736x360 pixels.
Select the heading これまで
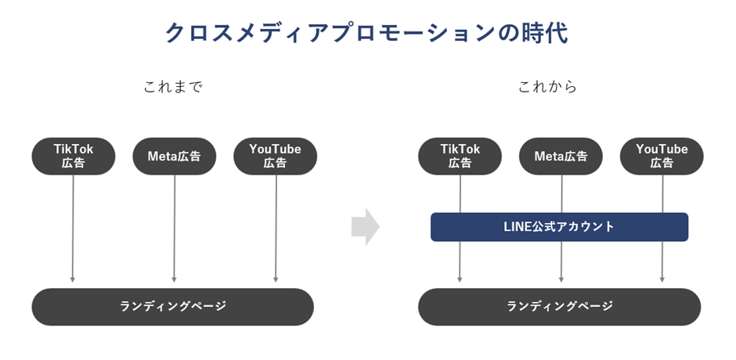(x=173, y=87)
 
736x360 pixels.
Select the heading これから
(x=548, y=87)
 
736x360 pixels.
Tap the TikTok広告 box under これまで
(x=73, y=156)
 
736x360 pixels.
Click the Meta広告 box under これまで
(x=174, y=156)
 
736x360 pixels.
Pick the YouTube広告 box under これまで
(x=275, y=156)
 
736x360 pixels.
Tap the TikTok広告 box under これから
(x=460, y=156)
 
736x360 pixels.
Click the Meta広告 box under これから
(x=561, y=156)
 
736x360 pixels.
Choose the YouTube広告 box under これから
(x=662, y=156)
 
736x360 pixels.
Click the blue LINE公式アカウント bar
(x=559, y=227)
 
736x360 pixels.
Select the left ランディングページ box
(x=172, y=306)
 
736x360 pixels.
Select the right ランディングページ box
(x=559, y=306)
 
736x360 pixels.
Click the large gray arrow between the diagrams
(x=365, y=227)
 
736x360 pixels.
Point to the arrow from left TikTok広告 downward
(x=73, y=227)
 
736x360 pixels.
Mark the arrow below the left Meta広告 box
(x=174, y=227)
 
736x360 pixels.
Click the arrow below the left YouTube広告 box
(x=276, y=227)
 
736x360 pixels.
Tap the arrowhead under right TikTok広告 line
(x=460, y=277)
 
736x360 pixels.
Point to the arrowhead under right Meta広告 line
(x=561, y=277)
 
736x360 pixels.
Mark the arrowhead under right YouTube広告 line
(x=662, y=277)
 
